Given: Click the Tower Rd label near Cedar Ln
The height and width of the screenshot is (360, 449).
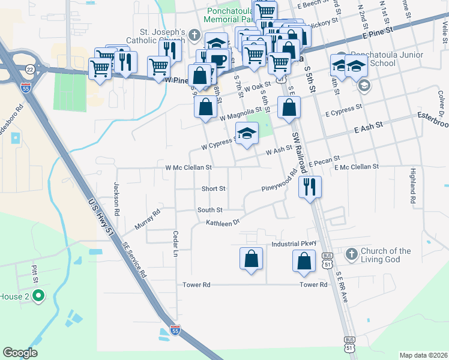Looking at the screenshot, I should (197, 284).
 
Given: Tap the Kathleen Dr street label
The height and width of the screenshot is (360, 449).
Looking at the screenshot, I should (223, 223).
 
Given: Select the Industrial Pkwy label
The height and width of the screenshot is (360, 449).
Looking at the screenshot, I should (294, 244).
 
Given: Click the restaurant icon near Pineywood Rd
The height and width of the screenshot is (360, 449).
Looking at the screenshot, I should (310, 187).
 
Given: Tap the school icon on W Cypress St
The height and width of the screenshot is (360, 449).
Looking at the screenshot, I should (246, 133).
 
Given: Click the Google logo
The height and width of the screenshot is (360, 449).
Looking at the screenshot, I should (20, 353).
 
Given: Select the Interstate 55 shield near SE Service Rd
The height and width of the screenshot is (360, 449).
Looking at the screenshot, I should (175, 331).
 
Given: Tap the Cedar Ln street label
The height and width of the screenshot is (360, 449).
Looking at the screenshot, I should (176, 244).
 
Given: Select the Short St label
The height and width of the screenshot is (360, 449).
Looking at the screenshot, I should (213, 188).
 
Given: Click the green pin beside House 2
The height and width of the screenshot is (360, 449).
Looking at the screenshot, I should (38, 295).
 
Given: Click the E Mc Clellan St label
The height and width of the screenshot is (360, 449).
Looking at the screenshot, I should (357, 166).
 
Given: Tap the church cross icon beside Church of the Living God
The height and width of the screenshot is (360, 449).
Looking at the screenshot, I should (351, 254).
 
